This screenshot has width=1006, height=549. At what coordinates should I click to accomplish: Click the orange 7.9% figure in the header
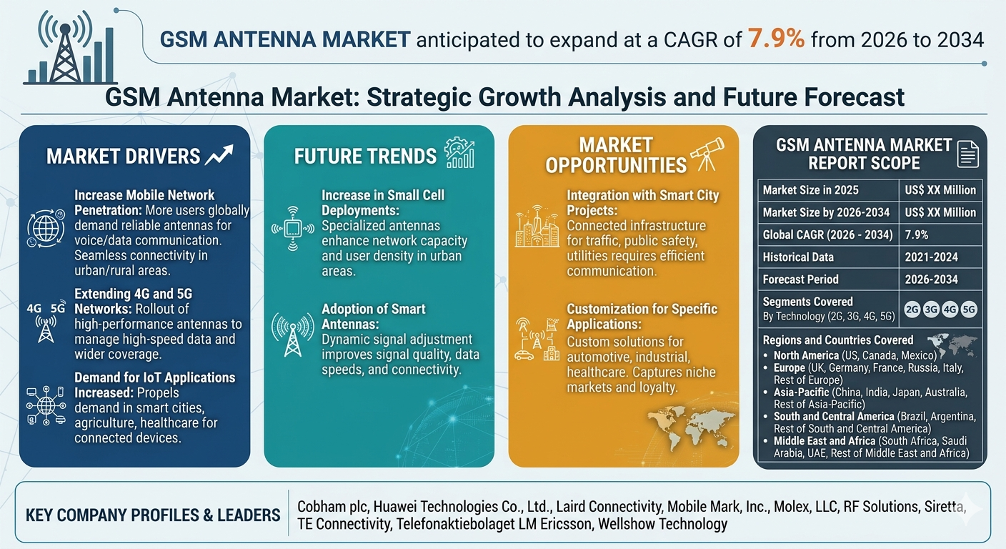pos(776,39)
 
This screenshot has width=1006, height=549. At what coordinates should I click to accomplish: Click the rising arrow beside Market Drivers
pos(219,155)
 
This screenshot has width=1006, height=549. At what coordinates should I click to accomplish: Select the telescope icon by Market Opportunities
pos(708,154)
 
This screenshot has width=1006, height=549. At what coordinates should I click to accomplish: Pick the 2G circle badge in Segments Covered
pos(912,310)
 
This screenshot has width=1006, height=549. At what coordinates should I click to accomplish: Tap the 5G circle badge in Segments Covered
pos(969,310)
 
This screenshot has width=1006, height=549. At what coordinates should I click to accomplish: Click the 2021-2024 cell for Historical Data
pos(931,257)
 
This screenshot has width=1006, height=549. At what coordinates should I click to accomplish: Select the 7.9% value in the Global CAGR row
pos(916,234)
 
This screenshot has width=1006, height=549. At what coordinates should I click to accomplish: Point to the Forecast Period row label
pos(800,280)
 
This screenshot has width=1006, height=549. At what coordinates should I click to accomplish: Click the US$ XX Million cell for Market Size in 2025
pos(940,190)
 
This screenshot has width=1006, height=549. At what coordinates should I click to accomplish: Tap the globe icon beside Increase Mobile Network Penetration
pos(46,228)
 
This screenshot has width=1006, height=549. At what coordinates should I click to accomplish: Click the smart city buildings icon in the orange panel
pos(537,226)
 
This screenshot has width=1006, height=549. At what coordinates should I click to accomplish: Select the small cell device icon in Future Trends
pos(293,229)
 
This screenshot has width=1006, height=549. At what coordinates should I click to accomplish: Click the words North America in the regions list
pos(806,355)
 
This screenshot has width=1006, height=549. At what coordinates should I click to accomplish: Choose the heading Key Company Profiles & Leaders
pos(153,515)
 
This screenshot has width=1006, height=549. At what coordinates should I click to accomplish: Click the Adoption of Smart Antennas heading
pos(374,316)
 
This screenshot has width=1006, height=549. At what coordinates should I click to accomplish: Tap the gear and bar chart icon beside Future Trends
pos(459,153)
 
